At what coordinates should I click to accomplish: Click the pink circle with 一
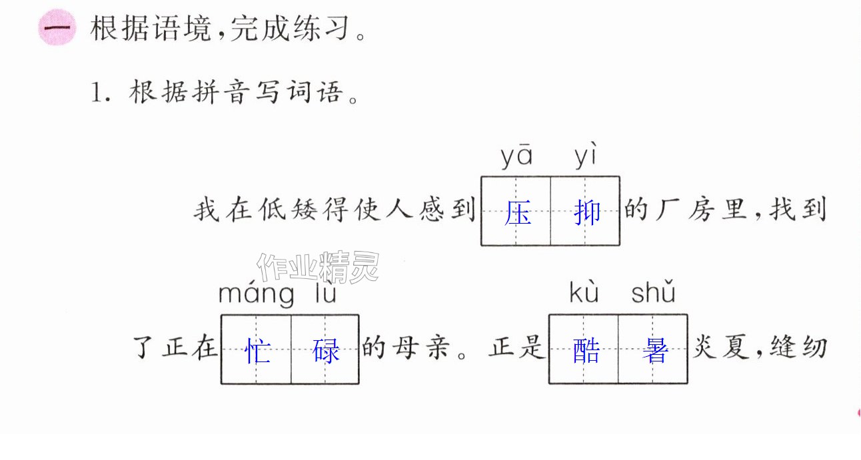(57, 28)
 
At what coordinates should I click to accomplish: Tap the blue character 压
(518, 212)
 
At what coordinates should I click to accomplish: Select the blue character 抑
(587, 212)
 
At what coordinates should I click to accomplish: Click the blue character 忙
(257, 351)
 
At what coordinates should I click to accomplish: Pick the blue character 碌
(326, 351)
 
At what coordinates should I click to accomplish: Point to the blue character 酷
(586, 350)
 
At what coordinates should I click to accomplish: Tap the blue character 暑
(655, 350)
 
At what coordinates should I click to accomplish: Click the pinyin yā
(516, 156)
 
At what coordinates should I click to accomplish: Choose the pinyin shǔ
(653, 291)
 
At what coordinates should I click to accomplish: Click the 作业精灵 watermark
(319, 267)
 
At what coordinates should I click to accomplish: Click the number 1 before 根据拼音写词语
(97, 93)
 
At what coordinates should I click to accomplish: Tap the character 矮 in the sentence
(304, 210)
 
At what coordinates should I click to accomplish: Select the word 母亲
(422, 347)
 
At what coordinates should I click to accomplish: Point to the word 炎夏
(720, 347)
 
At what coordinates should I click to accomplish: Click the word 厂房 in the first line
(684, 210)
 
